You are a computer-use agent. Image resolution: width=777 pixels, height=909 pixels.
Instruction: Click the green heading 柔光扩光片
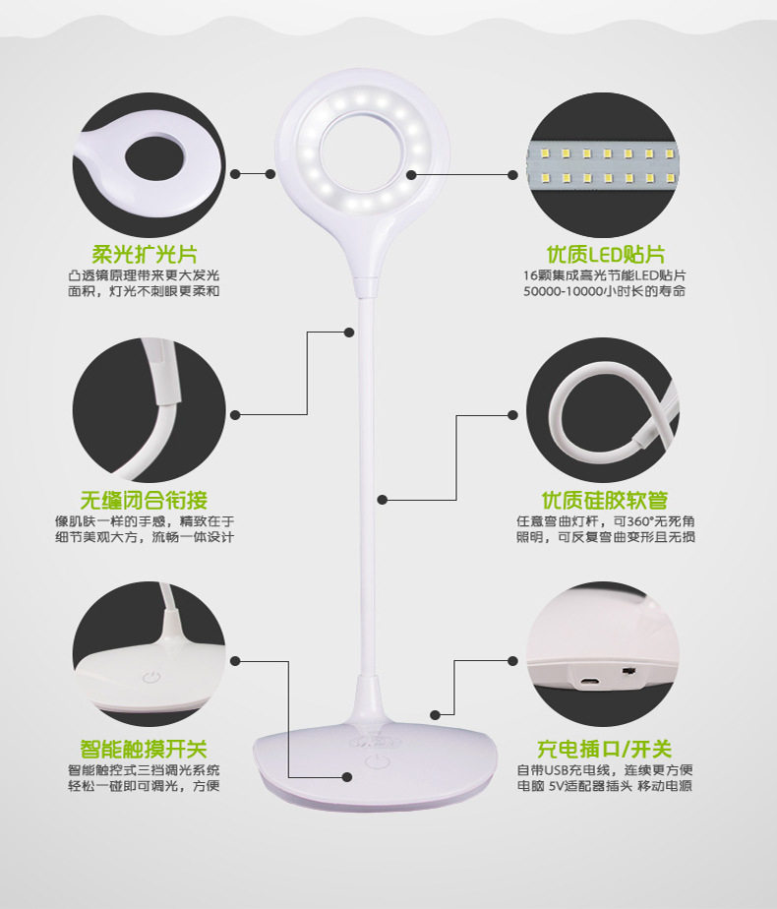145,255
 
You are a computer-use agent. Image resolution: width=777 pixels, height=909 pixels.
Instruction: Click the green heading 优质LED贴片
606,255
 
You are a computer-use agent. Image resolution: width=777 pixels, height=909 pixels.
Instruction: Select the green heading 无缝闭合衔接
144,500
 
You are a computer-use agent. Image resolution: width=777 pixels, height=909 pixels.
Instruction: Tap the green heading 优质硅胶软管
605,500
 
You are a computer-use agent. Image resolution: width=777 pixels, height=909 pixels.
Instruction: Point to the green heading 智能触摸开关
144,749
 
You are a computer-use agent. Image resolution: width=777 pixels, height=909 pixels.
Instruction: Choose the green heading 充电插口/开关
605,749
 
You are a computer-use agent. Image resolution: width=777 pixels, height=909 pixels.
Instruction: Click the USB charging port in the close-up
590,680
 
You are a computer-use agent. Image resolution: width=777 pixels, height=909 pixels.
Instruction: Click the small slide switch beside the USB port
628,671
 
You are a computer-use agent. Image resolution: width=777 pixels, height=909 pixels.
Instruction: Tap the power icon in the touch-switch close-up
150,677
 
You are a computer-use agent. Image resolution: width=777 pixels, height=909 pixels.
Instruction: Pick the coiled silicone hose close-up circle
603,411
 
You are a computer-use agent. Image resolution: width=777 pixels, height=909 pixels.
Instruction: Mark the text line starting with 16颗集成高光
605,275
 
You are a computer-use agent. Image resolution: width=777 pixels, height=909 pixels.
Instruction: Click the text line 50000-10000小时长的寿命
605,291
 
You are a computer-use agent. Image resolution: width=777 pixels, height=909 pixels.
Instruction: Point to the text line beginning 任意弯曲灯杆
606,521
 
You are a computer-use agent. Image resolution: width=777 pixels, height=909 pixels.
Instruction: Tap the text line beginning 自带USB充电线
605,770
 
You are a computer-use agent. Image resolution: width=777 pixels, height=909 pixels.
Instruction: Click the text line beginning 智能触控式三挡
144,770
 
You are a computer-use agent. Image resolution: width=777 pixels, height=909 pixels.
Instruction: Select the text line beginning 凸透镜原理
144,275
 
